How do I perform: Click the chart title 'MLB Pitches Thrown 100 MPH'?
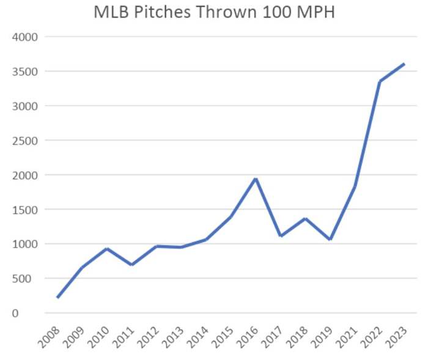tap(214, 12)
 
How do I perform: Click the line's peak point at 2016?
tap(256, 178)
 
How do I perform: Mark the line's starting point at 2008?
tap(57, 297)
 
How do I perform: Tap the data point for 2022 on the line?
tap(380, 81)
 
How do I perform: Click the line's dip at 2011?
tap(132, 265)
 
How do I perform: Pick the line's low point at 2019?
tap(330, 240)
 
